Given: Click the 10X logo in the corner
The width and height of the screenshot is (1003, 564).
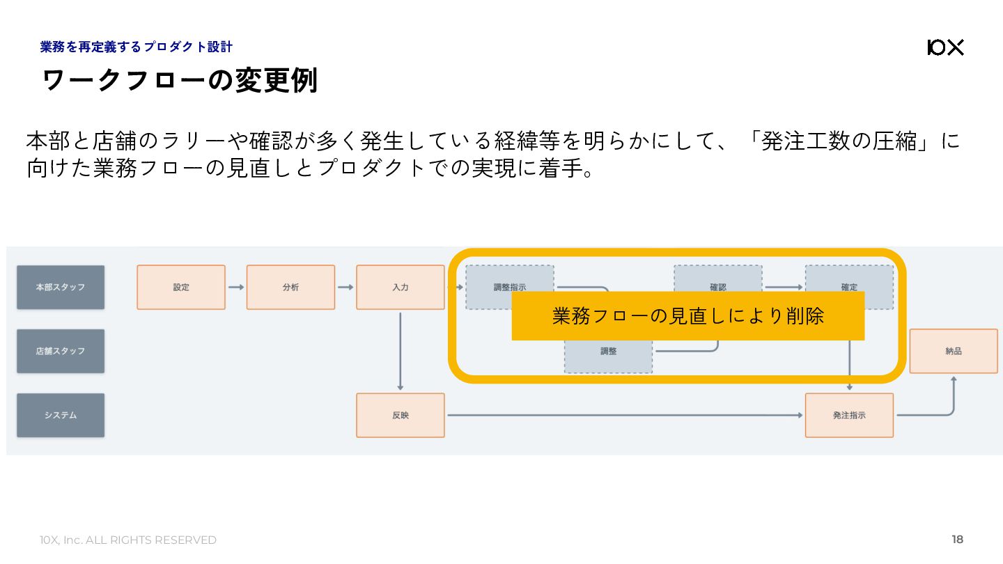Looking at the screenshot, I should [x=945, y=47].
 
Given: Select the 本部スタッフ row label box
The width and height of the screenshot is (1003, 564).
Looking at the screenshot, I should [x=61, y=287].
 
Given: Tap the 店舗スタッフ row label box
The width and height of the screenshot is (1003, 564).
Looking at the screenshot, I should [x=61, y=351].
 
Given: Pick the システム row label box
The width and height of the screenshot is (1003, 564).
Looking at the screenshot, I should [x=61, y=415].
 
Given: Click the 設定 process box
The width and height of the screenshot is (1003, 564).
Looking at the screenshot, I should [x=181, y=287].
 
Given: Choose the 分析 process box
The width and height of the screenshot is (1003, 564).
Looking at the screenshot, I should [x=290, y=287].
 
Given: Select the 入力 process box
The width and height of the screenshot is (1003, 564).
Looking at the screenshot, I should [x=400, y=287].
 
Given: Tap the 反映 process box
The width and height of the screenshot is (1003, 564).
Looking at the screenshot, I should [x=400, y=415].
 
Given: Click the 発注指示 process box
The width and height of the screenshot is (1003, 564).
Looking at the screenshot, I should [x=849, y=415].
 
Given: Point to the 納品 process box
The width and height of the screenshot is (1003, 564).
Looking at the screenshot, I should [x=954, y=351].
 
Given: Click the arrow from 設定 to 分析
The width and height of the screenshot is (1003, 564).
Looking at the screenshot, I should [x=235, y=287].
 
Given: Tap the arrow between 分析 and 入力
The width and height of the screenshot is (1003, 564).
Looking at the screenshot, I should [x=345, y=287].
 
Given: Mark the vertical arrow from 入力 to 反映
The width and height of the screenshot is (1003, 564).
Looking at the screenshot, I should [x=400, y=351].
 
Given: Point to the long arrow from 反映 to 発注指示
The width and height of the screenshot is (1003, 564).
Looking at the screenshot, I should [x=624, y=415].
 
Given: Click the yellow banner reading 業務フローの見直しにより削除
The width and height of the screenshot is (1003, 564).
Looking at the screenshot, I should [x=687, y=316].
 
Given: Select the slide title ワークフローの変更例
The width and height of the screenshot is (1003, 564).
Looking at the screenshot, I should [x=180, y=81].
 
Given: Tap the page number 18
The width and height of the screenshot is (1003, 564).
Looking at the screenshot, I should [x=957, y=540].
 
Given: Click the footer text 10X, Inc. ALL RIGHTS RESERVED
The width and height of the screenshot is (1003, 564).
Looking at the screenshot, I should [x=128, y=540].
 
